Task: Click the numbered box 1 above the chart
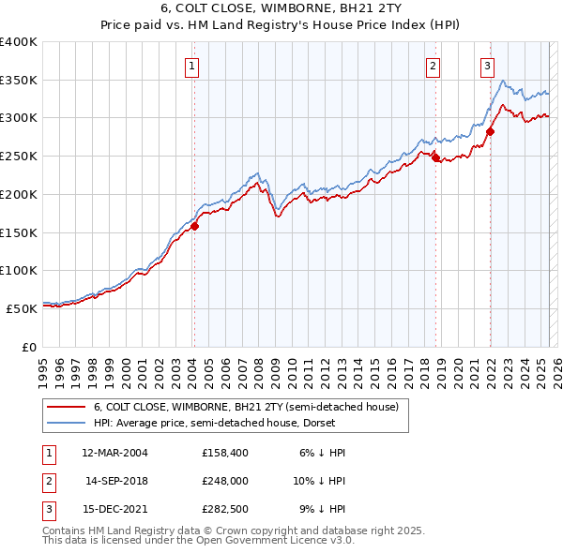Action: click(x=191, y=66)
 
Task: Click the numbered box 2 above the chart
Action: click(x=434, y=66)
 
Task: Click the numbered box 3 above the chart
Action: click(x=488, y=66)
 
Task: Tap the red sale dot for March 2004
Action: click(x=195, y=226)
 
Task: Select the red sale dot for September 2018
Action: click(x=435, y=158)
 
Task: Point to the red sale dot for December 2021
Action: click(x=490, y=132)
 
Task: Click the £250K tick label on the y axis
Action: click(x=19, y=156)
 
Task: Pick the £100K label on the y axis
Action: click(x=19, y=270)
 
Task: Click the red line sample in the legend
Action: click(x=66, y=407)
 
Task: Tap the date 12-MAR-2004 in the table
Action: click(x=114, y=452)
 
